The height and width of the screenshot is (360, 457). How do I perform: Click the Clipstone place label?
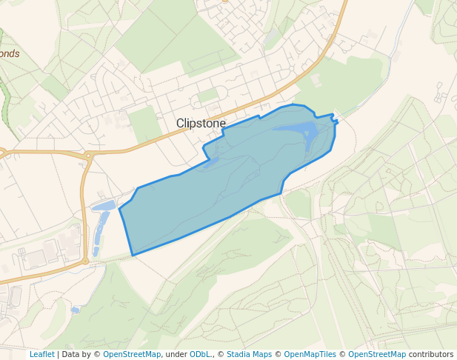point(201,124)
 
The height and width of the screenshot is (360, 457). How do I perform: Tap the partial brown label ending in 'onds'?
point(10,54)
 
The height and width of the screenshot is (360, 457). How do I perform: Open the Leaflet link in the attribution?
point(41,354)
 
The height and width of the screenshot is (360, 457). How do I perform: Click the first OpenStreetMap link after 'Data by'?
point(132,354)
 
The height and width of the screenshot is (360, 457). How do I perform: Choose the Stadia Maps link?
point(249,354)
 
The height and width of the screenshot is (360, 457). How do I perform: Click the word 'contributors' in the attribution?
point(431,354)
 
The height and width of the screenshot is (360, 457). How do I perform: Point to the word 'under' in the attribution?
point(176,354)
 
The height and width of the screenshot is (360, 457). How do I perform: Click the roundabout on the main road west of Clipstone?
point(88,156)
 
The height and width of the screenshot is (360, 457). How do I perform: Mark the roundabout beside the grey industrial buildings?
point(85,261)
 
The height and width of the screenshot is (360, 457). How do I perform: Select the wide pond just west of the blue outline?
point(104,205)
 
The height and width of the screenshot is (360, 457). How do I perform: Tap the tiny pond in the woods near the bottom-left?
point(76,310)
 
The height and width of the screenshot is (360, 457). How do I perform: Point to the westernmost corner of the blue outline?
point(120,210)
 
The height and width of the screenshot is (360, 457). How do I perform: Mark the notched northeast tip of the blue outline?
point(336,120)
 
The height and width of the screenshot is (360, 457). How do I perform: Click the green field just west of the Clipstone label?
point(145,123)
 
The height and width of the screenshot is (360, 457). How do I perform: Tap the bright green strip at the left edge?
point(5,104)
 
